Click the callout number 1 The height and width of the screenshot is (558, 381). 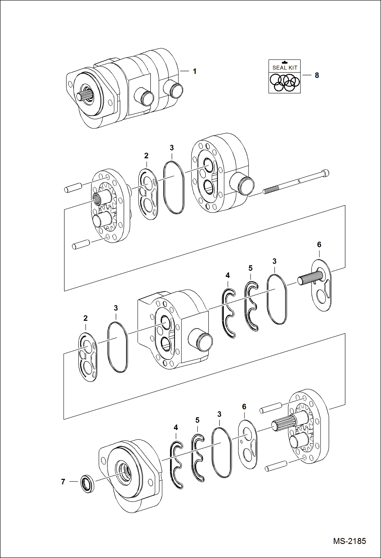pyautogui.click(x=195, y=71)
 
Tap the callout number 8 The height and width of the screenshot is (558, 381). pyautogui.click(x=317, y=75)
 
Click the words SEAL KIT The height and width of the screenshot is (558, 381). pyautogui.click(x=285, y=68)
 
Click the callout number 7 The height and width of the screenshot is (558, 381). pyautogui.click(x=63, y=482)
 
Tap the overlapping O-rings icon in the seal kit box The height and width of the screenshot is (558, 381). pyautogui.click(x=285, y=82)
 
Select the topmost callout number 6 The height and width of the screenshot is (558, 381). pyautogui.click(x=319, y=245)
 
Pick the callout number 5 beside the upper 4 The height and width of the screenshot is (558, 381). pyautogui.click(x=251, y=268)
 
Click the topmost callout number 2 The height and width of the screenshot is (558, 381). pyautogui.click(x=146, y=155)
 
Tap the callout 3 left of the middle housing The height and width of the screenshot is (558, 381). pyautogui.click(x=116, y=308)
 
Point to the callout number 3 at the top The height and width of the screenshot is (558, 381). pyautogui.click(x=172, y=148)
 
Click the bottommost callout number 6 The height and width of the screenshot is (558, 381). pyautogui.click(x=244, y=407)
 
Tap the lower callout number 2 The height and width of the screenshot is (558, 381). pyautogui.click(x=85, y=318)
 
